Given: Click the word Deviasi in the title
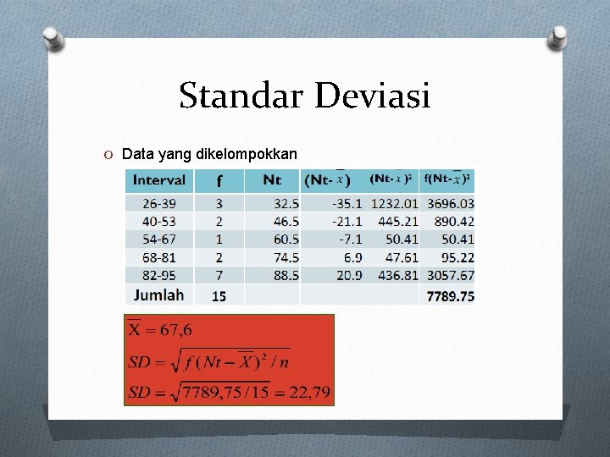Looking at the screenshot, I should pos(373,96).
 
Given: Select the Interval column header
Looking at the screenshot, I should pos(159,179).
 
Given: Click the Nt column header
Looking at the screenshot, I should pos(272,179).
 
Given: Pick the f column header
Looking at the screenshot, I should pos(219,180).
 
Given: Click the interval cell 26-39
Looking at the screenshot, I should pos(159,203).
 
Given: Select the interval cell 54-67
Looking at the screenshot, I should pos(159,239).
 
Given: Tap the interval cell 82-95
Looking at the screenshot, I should pos(159,275).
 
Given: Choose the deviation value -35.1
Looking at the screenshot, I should pos(347,203).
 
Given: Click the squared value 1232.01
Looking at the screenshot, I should pos(395,203).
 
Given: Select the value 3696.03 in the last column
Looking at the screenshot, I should pos(450,203).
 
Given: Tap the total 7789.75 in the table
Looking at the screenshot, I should pos(450,296).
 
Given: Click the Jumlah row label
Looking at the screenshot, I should pos(158,295).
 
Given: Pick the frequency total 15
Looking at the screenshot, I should pos(219,296).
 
